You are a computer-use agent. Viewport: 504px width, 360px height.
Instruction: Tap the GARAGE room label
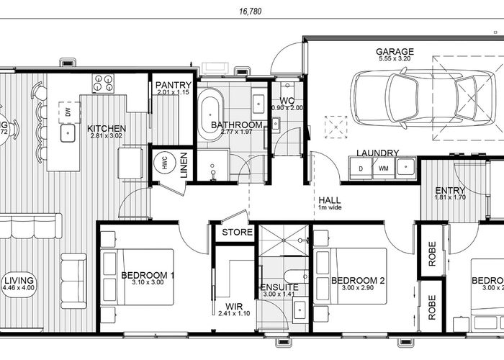pos(395,52)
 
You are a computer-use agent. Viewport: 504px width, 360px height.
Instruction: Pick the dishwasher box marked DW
pos(67,112)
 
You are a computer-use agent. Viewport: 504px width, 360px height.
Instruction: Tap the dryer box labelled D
pos(360,168)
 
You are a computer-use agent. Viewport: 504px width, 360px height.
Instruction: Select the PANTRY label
pos(173,85)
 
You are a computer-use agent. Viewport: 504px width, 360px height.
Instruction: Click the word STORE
pos(237,233)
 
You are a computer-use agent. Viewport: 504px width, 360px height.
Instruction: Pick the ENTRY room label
pos(450,191)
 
